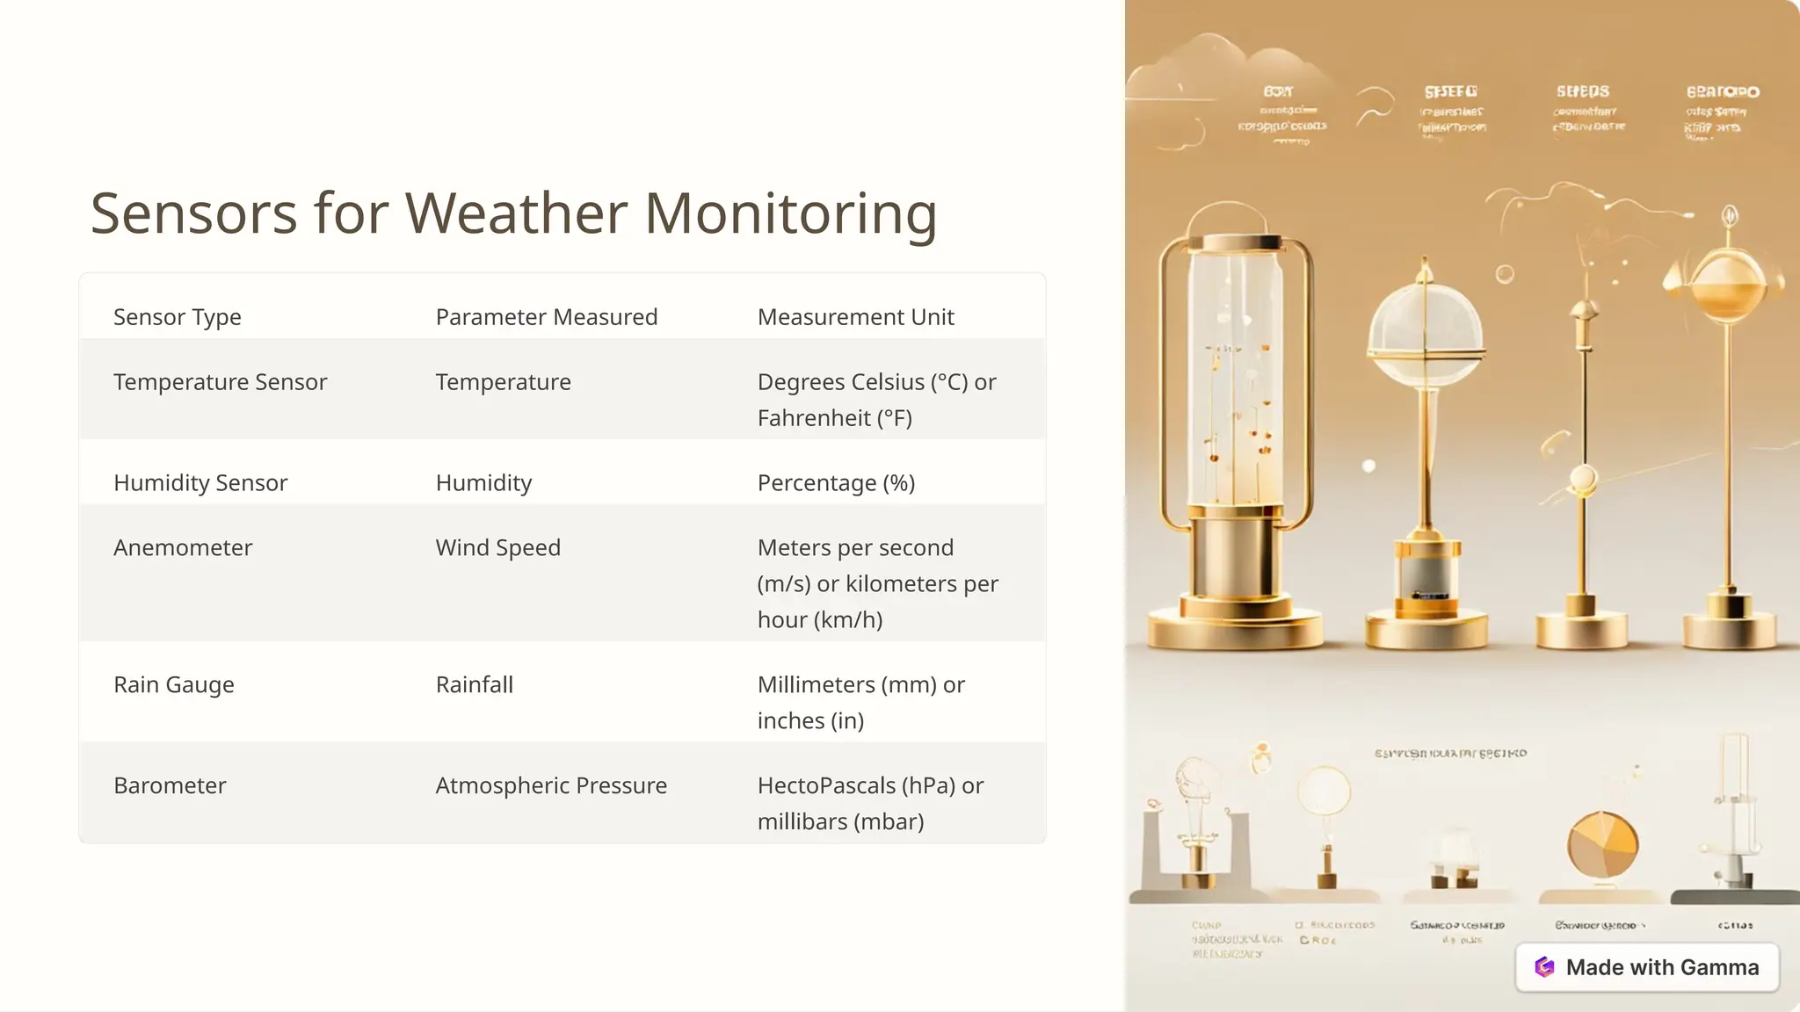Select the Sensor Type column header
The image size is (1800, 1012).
[x=177, y=317]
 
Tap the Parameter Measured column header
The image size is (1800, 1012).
[x=546, y=317]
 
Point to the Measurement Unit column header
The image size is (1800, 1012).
[x=855, y=317]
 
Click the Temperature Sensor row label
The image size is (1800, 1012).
[x=220, y=382]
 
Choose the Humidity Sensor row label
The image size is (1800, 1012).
[x=200, y=483]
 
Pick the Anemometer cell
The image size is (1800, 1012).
[x=183, y=548]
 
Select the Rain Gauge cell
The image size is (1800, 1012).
[x=174, y=685]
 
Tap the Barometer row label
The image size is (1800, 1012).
[x=170, y=786]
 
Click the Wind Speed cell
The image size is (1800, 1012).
[x=497, y=548]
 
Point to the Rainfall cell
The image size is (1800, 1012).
[x=474, y=685]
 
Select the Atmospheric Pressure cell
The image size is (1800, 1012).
[x=551, y=786]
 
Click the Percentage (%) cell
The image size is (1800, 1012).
[x=836, y=483]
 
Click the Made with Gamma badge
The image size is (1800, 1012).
[x=1647, y=967]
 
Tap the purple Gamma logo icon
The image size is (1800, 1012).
[x=1544, y=967]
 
